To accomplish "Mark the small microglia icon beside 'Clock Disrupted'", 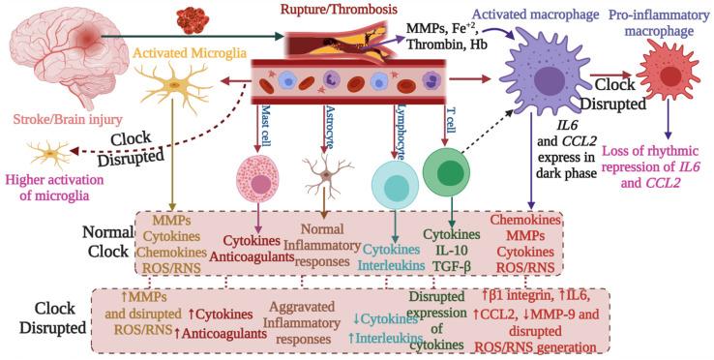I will point(43,155).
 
